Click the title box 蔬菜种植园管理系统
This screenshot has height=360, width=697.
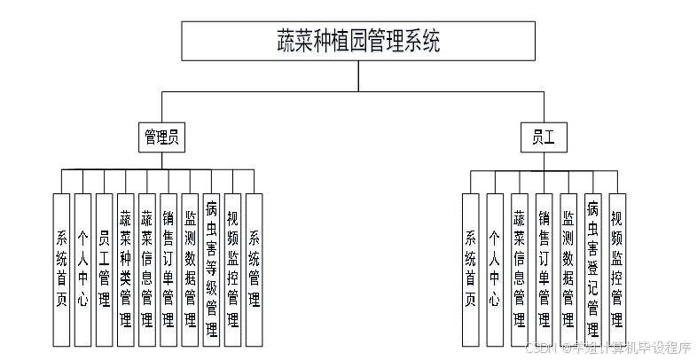[x=357, y=41]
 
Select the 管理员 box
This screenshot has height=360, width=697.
[x=162, y=137]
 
